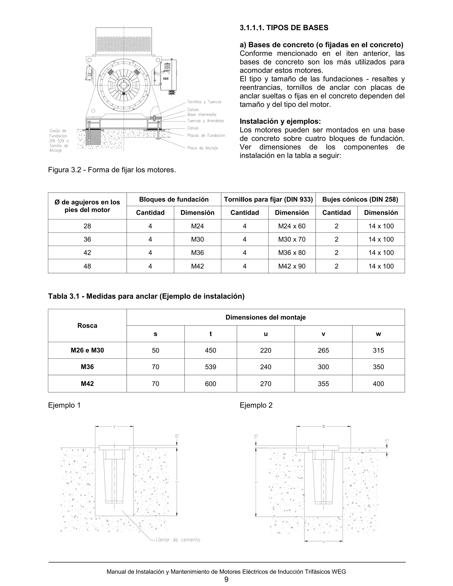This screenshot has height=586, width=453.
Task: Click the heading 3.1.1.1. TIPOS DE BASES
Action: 284,28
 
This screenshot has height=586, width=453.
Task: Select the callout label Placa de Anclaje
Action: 202,148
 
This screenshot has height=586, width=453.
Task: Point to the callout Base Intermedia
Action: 202,115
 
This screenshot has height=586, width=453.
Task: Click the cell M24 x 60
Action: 292,226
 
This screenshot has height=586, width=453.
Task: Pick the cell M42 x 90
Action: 292,266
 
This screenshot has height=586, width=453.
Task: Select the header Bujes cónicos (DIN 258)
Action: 360,199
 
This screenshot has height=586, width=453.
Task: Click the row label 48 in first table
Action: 87,266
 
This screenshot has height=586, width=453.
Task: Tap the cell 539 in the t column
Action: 210,367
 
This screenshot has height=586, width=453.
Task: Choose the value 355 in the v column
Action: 323,384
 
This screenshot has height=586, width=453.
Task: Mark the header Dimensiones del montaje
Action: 265,317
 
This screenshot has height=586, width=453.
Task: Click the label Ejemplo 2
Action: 256,405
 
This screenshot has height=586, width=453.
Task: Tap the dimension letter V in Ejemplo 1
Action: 114,426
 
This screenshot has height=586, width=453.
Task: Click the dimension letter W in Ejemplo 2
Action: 323,426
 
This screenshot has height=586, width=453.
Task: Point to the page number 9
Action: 226,579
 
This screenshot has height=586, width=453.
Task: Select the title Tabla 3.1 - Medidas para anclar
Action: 146,296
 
